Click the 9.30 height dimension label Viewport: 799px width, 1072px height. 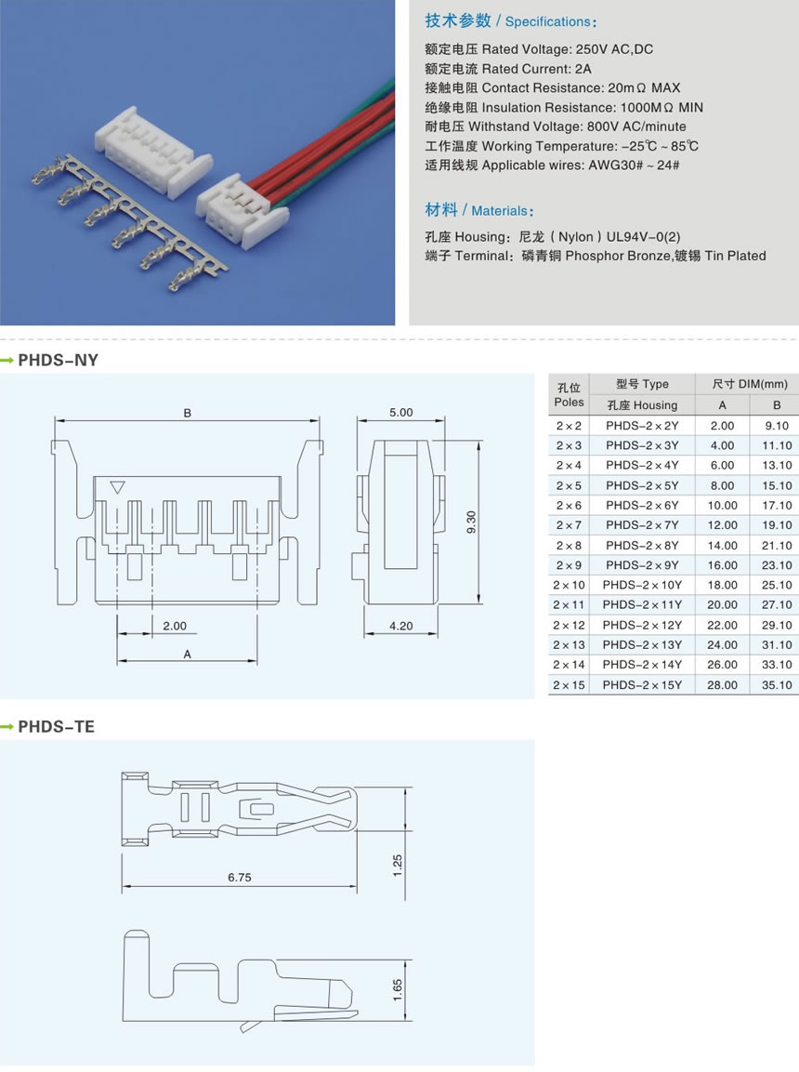(x=471, y=523)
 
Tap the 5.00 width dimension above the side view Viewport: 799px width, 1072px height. (x=400, y=412)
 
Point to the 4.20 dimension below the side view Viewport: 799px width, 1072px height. (x=400, y=626)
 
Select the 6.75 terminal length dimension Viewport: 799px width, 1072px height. (x=240, y=877)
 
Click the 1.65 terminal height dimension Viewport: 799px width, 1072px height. (x=398, y=990)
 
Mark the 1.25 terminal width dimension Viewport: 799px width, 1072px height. (x=398, y=865)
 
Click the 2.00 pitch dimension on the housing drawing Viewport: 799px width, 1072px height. (x=175, y=626)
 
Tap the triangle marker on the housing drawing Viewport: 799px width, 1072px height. (x=117, y=487)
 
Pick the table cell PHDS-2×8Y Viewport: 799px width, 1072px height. (x=642, y=545)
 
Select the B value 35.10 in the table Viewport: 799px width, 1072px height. (x=777, y=684)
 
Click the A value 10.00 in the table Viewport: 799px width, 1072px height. (x=723, y=505)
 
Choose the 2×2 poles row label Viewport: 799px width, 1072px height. (x=569, y=425)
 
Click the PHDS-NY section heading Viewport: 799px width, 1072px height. (x=58, y=361)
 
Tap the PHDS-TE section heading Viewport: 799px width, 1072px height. (x=56, y=727)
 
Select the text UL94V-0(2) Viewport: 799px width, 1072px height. (x=643, y=236)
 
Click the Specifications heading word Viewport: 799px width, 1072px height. (x=548, y=22)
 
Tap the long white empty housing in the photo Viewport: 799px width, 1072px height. (x=153, y=153)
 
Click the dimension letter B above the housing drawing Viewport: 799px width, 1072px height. (x=187, y=413)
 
